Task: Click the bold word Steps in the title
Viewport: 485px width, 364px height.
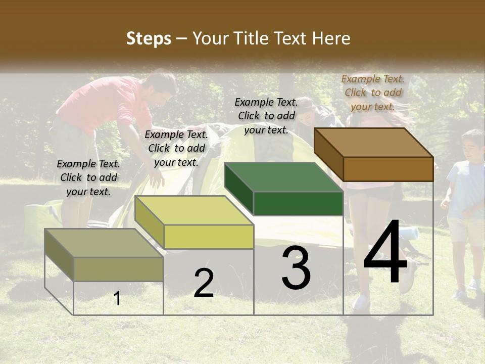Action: [149, 38]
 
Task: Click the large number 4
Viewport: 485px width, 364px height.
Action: [385, 254]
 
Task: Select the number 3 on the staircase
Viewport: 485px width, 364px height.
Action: [296, 268]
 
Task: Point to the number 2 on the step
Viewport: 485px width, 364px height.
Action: [204, 283]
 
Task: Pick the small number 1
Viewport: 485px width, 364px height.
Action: [117, 299]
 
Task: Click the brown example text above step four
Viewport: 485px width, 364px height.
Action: [373, 93]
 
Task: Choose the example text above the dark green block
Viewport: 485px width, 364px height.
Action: [266, 116]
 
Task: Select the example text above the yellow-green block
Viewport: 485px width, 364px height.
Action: [176, 148]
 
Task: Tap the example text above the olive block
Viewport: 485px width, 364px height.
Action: [88, 177]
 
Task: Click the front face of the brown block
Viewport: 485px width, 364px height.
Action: [388, 169]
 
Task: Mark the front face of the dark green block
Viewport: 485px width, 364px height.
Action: [298, 203]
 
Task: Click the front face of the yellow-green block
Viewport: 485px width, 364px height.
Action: [209, 237]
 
